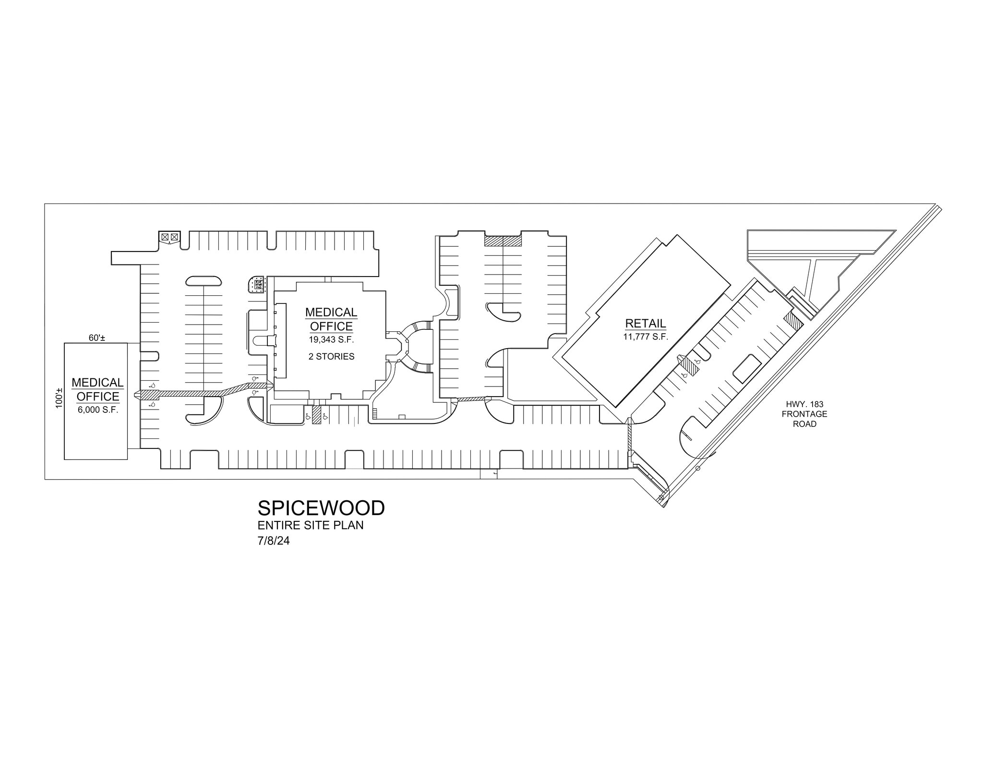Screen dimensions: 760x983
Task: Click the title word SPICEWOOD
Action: tap(321, 508)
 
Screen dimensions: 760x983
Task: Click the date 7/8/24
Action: tap(274, 541)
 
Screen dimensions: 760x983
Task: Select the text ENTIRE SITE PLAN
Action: tap(311, 525)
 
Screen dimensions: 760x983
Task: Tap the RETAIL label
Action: tap(646, 324)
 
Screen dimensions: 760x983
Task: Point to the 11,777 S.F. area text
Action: tap(646, 337)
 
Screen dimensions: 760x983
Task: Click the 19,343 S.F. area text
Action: tap(331, 339)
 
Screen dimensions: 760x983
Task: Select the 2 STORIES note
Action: tap(331, 357)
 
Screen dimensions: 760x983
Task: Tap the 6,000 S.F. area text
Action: tap(98, 410)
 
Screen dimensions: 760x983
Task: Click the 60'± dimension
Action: tap(96, 338)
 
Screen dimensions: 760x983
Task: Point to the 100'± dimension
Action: tap(59, 398)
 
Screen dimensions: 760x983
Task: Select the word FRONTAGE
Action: tap(804, 414)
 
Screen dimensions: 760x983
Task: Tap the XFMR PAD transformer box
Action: tap(257, 285)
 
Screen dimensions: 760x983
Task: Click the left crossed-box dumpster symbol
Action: tap(165, 237)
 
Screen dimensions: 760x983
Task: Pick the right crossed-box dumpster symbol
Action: tap(174, 237)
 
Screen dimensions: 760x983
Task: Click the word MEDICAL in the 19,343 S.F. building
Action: tap(331, 313)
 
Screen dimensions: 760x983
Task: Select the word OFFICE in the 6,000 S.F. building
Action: tap(98, 397)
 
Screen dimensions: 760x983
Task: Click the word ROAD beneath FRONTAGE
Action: tap(804, 424)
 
